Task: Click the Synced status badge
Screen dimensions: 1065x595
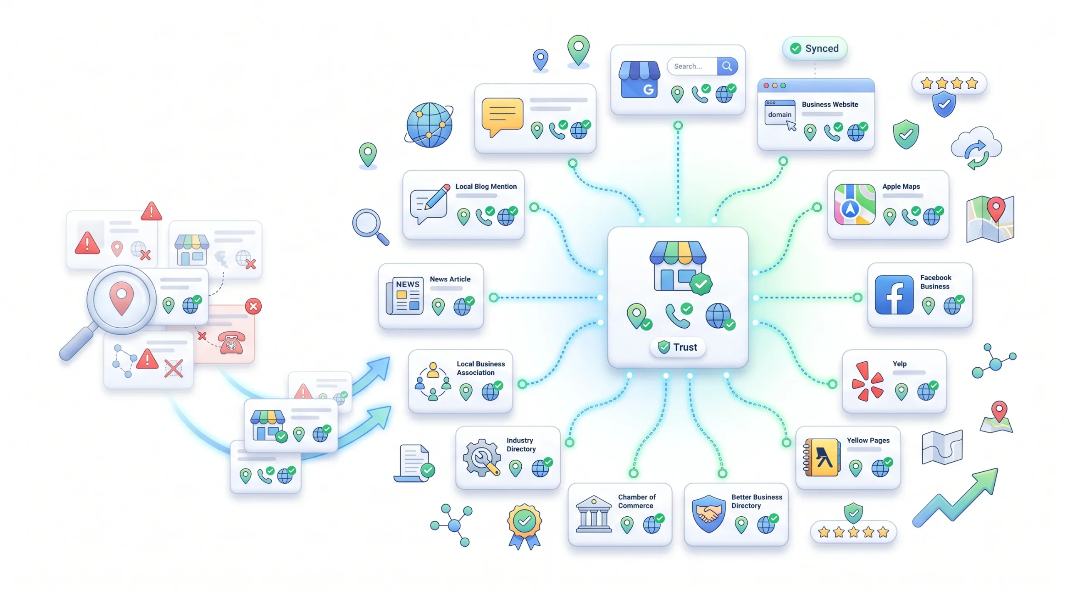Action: [815, 48]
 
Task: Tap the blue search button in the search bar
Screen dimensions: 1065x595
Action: [727, 66]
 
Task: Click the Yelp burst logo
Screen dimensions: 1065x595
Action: [867, 381]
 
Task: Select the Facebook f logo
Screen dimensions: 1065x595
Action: [894, 295]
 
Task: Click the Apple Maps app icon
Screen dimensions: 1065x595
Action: [854, 205]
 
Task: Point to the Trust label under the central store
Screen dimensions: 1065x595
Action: [678, 347]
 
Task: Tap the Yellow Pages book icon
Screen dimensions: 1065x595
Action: [822, 457]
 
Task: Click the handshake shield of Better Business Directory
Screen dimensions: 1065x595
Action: [708, 514]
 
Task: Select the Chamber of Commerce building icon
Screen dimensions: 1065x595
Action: [594, 514]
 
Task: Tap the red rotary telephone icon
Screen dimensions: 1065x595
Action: [232, 343]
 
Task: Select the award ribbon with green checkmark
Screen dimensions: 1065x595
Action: [524, 526]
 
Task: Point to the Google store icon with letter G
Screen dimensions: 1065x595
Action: [639, 80]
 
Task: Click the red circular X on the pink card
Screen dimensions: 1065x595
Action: [253, 306]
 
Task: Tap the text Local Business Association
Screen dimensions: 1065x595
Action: [480, 368]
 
